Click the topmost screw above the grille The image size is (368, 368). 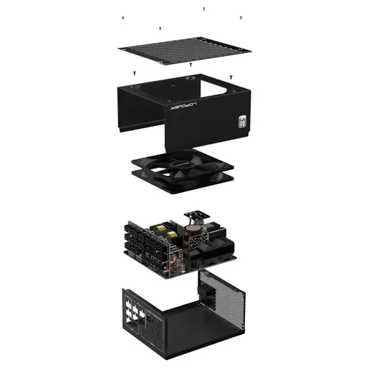204,10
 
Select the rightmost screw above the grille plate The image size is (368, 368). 241,17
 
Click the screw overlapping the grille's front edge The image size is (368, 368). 160,28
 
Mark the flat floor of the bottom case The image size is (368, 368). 199,324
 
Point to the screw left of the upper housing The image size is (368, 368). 135,73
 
